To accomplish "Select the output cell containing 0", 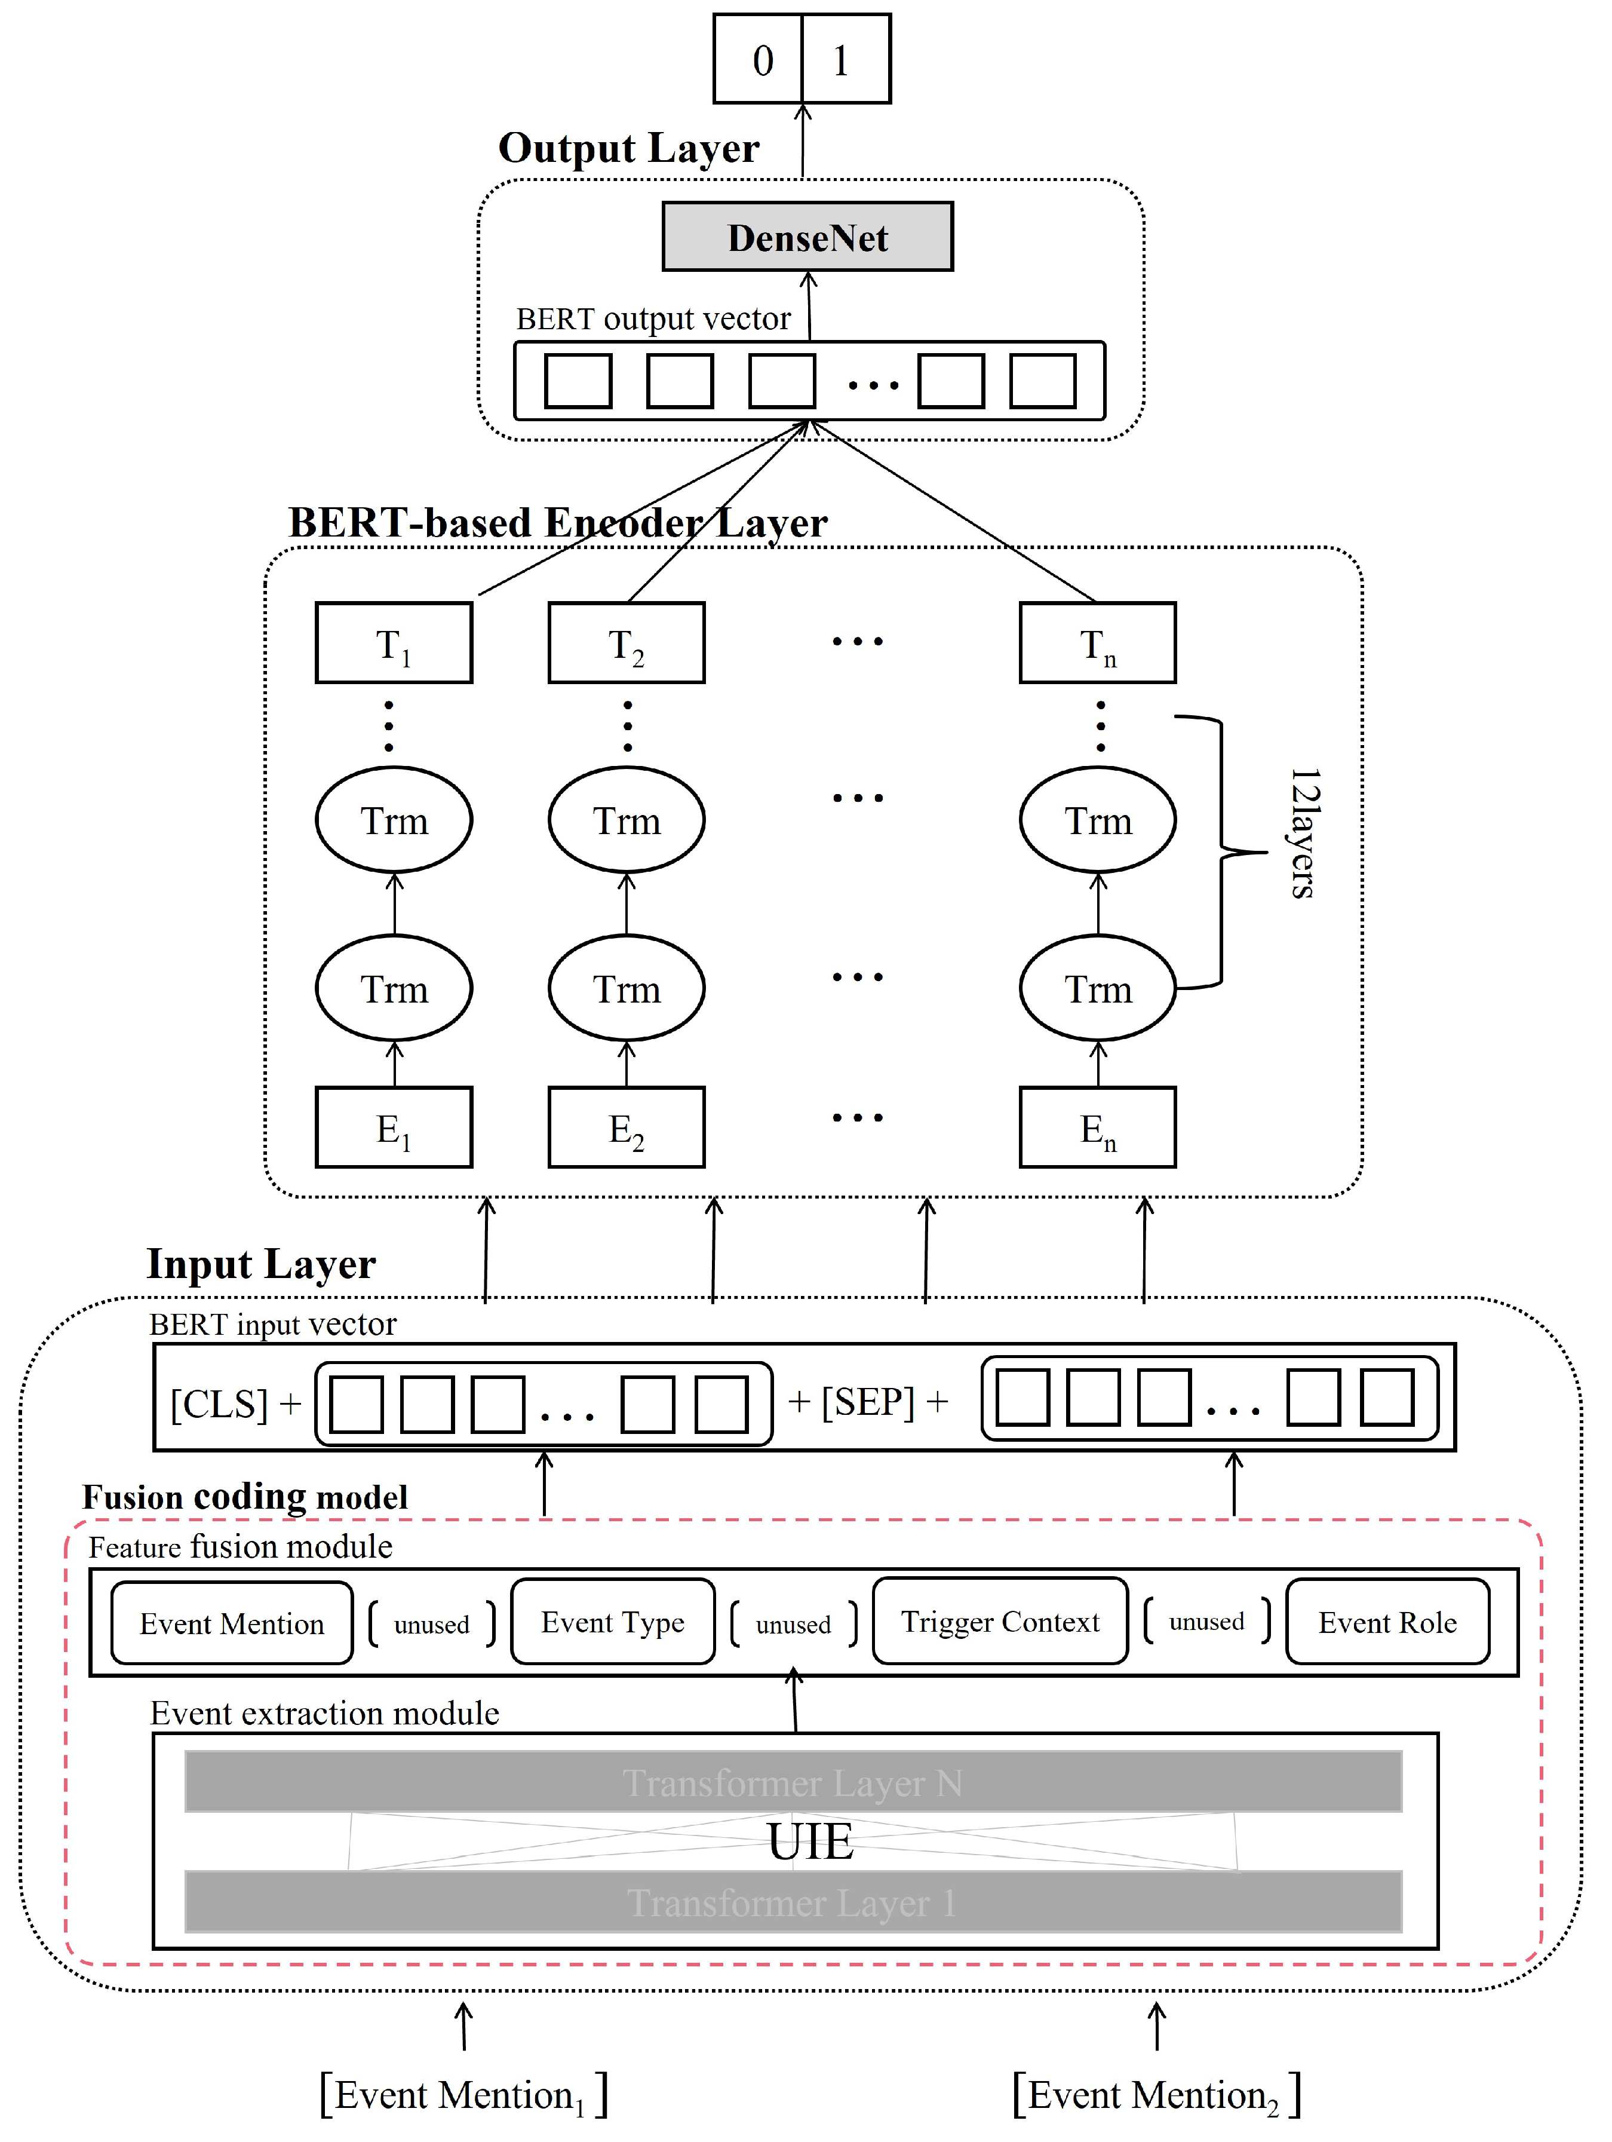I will (758, 59).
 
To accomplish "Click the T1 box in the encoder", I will (393, 643).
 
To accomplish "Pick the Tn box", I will (1097, 643).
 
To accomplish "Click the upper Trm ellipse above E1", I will (393, 820).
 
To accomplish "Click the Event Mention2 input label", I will (1156, 2095).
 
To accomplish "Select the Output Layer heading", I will (628, 148).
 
